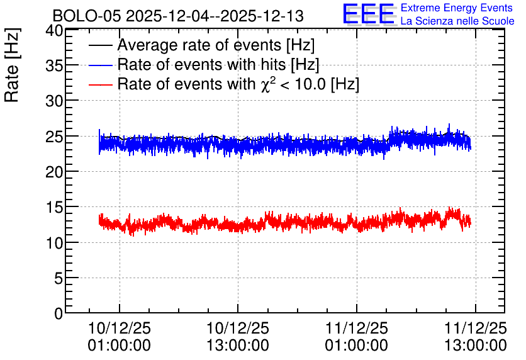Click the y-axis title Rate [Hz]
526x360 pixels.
coord(12,65)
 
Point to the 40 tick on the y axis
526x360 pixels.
coord(54,31)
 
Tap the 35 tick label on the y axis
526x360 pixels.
coord(54,65)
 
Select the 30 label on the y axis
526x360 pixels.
coord(54,101)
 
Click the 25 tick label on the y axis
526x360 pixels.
coord(54,137)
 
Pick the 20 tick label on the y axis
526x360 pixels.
coord(54,172)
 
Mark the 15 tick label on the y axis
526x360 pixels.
coord(54,207)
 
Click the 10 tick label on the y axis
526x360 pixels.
coord(54,242)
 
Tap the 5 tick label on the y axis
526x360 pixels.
coord(59,278)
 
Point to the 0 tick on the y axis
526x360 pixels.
coord(59,313)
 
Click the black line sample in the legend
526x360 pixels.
coord(100,45)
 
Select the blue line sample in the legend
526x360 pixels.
coord(100,65)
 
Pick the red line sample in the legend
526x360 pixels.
coord(100,84)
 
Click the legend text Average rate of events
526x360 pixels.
coord(199,45)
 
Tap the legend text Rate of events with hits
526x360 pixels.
coord(201,64)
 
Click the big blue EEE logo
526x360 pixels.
coord(369,14)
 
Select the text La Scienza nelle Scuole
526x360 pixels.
coord(457,21)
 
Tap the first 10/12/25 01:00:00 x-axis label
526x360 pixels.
coord(120,337)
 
